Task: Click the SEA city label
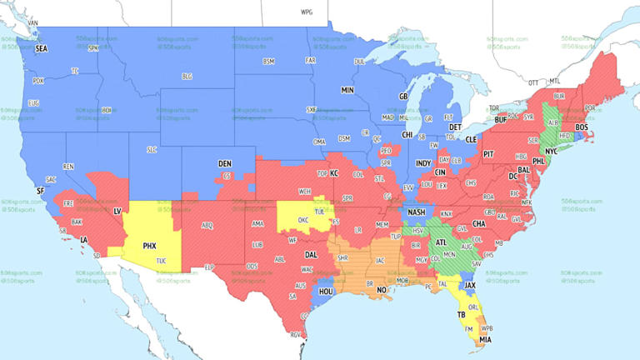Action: coord(42,49)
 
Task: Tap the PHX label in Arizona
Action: coord(150,246)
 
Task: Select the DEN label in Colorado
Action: coord(225,163)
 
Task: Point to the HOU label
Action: coord(327,292)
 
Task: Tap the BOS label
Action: coord(582,127)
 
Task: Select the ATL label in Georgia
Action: coord(440,243)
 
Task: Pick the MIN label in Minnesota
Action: coord(347,89)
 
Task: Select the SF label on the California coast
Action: coord(40,191)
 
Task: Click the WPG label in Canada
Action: coord(307,13)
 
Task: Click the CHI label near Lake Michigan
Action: coord(407,134)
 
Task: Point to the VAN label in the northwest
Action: coord(33,21)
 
